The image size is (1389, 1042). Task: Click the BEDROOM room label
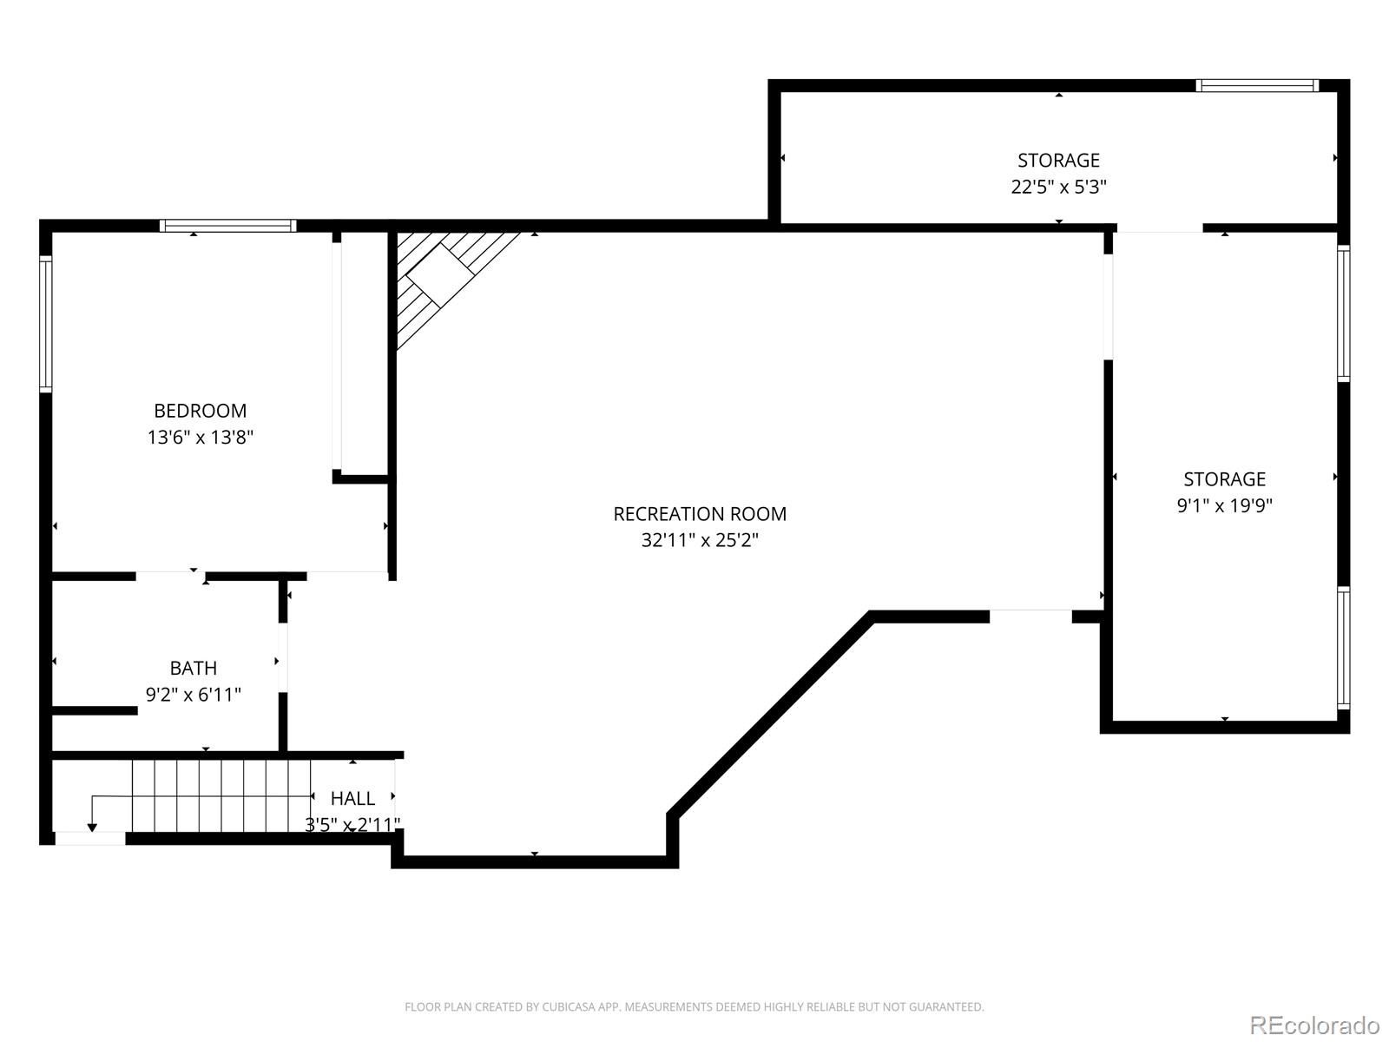[x=200, y=411]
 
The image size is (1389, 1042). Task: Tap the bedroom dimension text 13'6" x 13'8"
[x=200, y=437]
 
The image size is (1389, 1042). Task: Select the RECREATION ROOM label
[x=699, y=514]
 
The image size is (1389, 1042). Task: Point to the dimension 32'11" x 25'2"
[x=699, y=540]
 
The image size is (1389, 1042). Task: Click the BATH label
[x=193, y=668]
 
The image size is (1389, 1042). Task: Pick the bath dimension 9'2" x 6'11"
[x=193, y=695]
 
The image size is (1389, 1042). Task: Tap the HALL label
[x=352, y=798]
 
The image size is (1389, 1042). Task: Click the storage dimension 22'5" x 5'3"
[x=1058, y=187]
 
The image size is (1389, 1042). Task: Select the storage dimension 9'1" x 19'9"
[x=1224, y=505]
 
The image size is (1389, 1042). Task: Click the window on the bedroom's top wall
[x=227, y=226]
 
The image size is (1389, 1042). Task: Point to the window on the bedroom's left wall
[x=45, y=323]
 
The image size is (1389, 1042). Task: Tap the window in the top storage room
[x=1257, y=85]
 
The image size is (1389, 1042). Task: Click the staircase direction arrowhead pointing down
[x=92, y=828]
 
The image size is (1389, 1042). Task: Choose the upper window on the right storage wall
[x=1343, y=313]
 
